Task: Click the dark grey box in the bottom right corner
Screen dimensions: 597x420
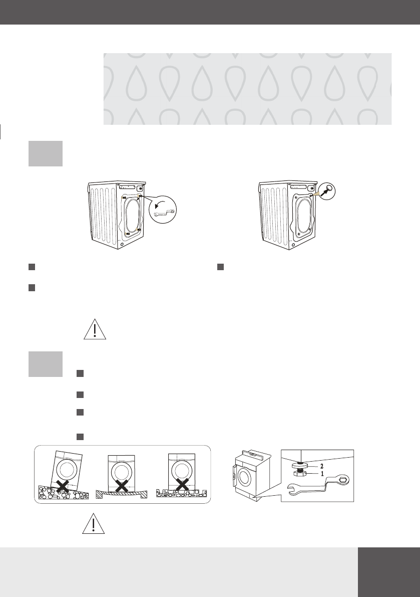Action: [389, 572]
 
